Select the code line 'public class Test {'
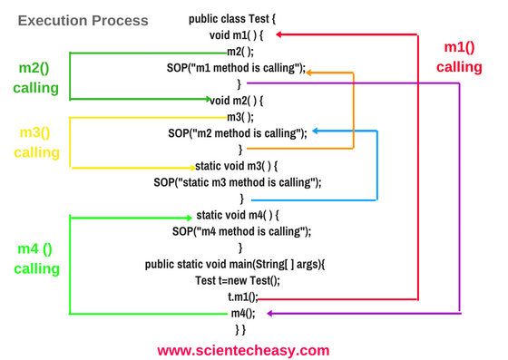tap(239, 18)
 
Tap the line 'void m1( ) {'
tap(237, 35)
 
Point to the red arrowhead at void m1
tap(281, 35)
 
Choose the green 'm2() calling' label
tap(35, 78)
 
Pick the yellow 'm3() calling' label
tap(35, 142)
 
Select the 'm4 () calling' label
tap(36, 258)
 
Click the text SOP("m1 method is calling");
tap(237, 68)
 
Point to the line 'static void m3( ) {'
tap(236, 166)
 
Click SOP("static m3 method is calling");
tap(238, 182)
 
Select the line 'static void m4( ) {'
tap(238, 215)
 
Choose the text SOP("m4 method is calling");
tap(240, 231)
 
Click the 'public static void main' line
tap(240, 264)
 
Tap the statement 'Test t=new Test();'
tap(238, 280)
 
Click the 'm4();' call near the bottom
tap(243, 313)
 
